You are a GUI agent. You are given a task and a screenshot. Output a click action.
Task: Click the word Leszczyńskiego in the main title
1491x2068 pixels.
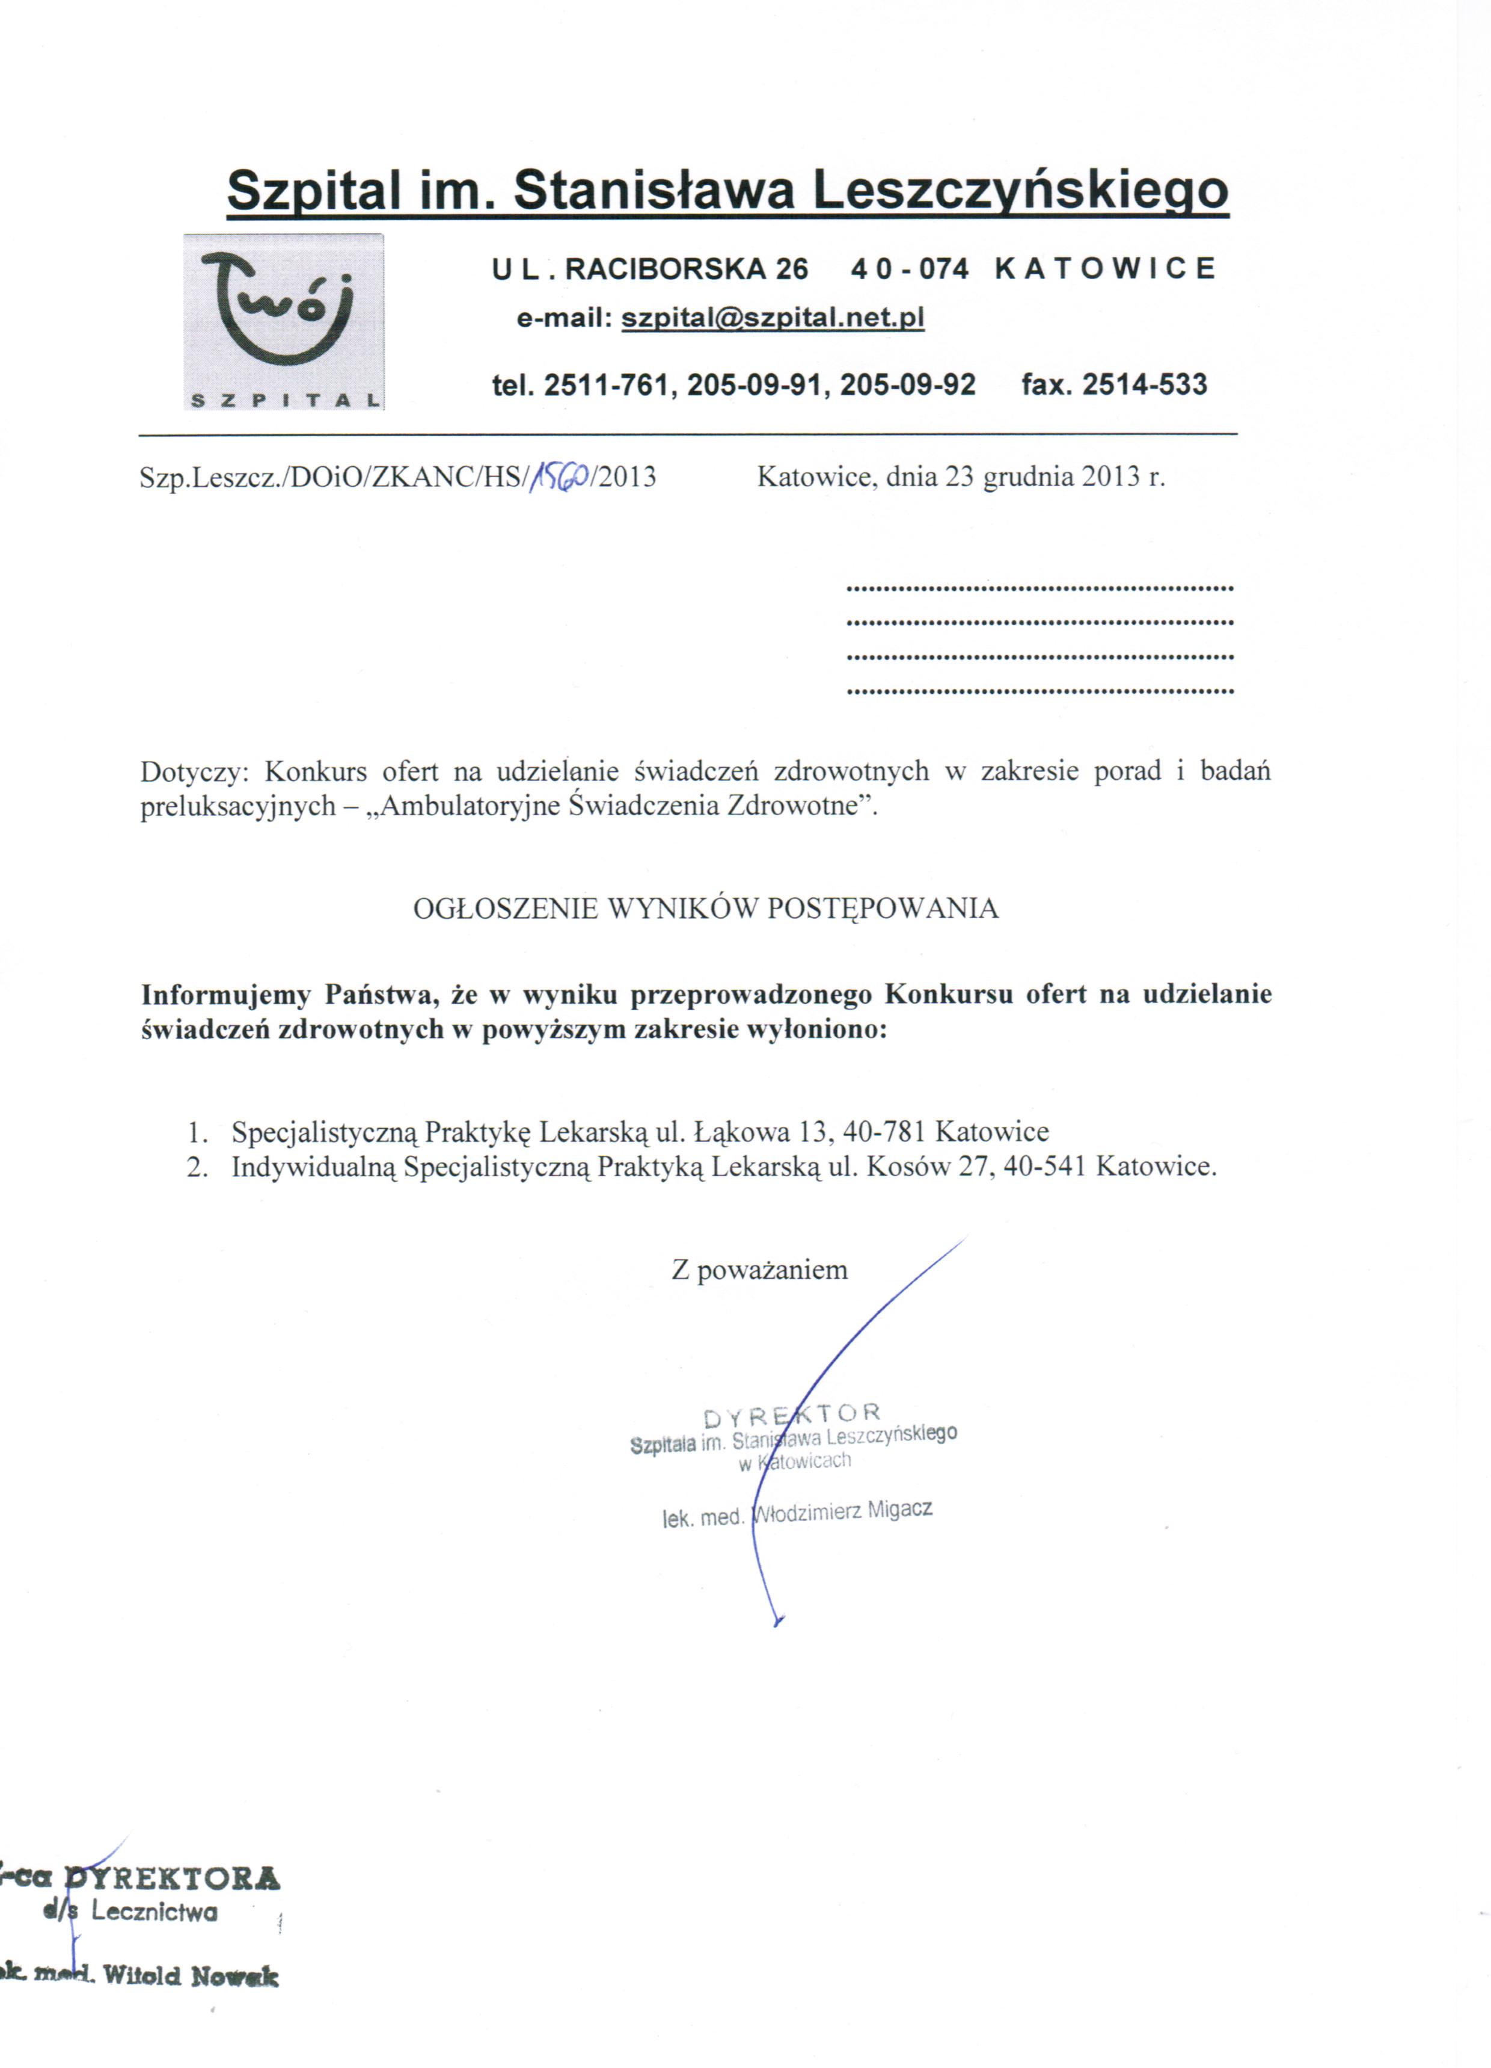(x=1020, y=191)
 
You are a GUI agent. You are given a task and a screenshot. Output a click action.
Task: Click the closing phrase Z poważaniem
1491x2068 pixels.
(x=759, y=1270)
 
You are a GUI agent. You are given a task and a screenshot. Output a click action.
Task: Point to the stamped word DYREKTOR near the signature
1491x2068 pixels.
(x=792, y=1415)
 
